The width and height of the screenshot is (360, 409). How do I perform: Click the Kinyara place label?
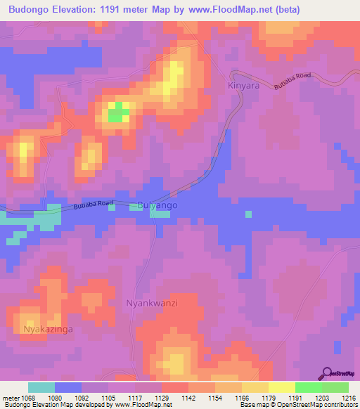[244, 86]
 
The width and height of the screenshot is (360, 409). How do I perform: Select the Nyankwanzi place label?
[151, 303]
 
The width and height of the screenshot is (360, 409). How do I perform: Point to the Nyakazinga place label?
[48, 328]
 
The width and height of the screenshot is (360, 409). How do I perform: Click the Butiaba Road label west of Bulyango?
[93, 205]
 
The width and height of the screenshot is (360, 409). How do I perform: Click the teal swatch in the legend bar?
[41, 387]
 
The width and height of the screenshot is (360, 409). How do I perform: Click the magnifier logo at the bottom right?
[327, 373]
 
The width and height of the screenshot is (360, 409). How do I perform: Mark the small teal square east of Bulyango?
[248, 214]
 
